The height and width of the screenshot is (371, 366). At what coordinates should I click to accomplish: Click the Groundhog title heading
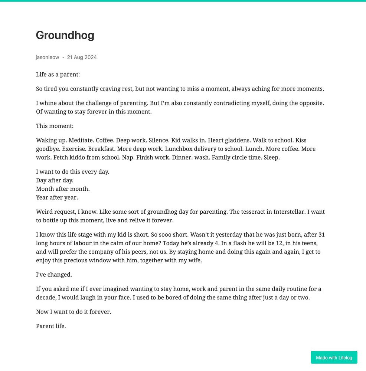pos(65,35)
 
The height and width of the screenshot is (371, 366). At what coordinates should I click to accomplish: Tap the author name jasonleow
pos(47,57)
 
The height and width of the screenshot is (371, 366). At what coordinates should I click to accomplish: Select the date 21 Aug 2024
pos(82,57)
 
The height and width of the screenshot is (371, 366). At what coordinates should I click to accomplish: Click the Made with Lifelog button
pos(334,357)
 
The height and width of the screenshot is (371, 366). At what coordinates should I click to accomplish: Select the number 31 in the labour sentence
pos(321,234)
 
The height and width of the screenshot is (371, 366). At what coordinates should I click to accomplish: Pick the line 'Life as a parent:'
pos(58,75)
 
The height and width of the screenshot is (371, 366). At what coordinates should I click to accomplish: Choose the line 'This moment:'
pos(55,126)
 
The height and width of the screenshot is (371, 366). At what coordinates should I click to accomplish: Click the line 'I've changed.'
pos(54,275)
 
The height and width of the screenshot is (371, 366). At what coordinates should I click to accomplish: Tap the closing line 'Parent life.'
pos(51,326)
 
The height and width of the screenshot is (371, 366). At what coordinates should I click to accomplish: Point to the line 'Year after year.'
pos(57,197)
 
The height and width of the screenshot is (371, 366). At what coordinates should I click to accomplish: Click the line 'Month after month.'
pos(63,189)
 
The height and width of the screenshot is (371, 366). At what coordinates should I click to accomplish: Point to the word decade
pos(46,298)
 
